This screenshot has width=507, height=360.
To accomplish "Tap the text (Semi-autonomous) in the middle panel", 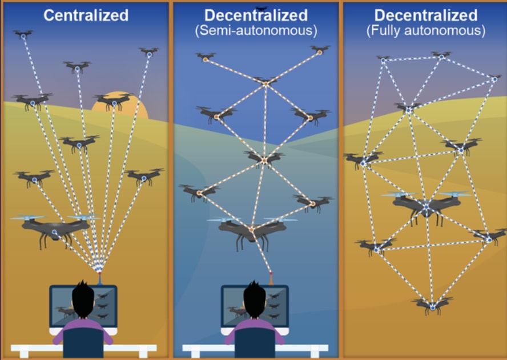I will [256, 30].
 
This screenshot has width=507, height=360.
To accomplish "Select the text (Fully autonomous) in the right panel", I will [425, 30].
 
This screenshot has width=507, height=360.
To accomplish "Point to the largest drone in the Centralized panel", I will [55, 227].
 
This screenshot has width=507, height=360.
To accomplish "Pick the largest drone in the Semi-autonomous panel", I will [252, 230].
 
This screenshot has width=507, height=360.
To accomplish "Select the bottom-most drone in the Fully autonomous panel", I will [432, 306].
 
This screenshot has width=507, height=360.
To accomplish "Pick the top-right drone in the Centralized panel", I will [149, 53].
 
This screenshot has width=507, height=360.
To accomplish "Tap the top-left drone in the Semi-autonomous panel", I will [205, 57].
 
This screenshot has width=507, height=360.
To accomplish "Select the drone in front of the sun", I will [114, 102].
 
